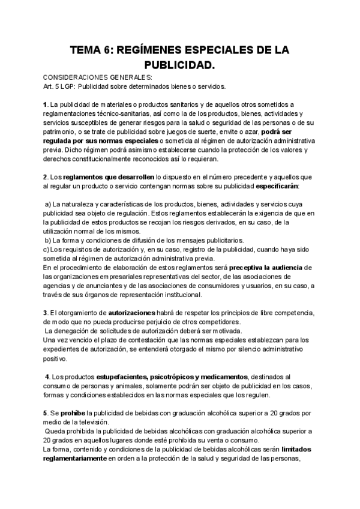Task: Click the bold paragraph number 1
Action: (45, 104)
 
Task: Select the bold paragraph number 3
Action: (45, 313)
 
